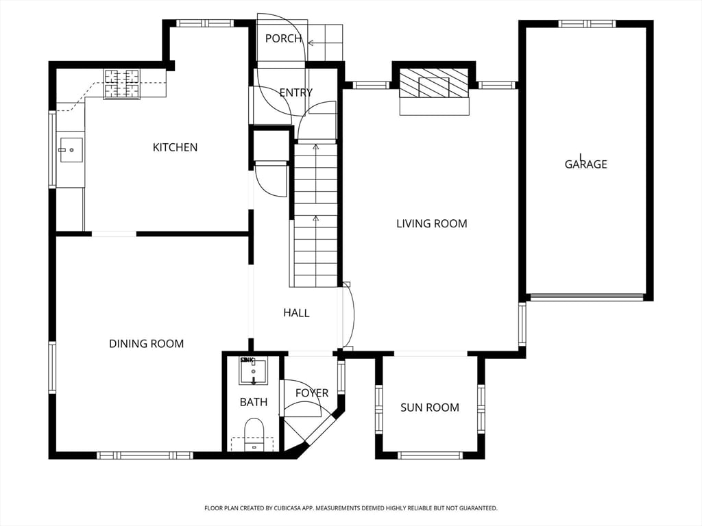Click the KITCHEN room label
(x=175, y=147)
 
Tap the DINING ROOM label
(x=147, y=344)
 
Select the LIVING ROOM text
(x=432, y=223)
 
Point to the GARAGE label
(x=585, y=164)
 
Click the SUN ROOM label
(x=430, y=408)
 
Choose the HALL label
(x=296, y=312)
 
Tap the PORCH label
(x=283, y=38)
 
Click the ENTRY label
(x=296, y=92)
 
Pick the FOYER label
(x=312, y=393)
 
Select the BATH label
(x=254, y=402)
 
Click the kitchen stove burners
(x=122, y=84)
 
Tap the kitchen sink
(x=71, y=150)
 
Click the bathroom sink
(x=254, y=371)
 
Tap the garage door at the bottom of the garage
(x=586, y=297)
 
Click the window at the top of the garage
(x=587, y=24)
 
